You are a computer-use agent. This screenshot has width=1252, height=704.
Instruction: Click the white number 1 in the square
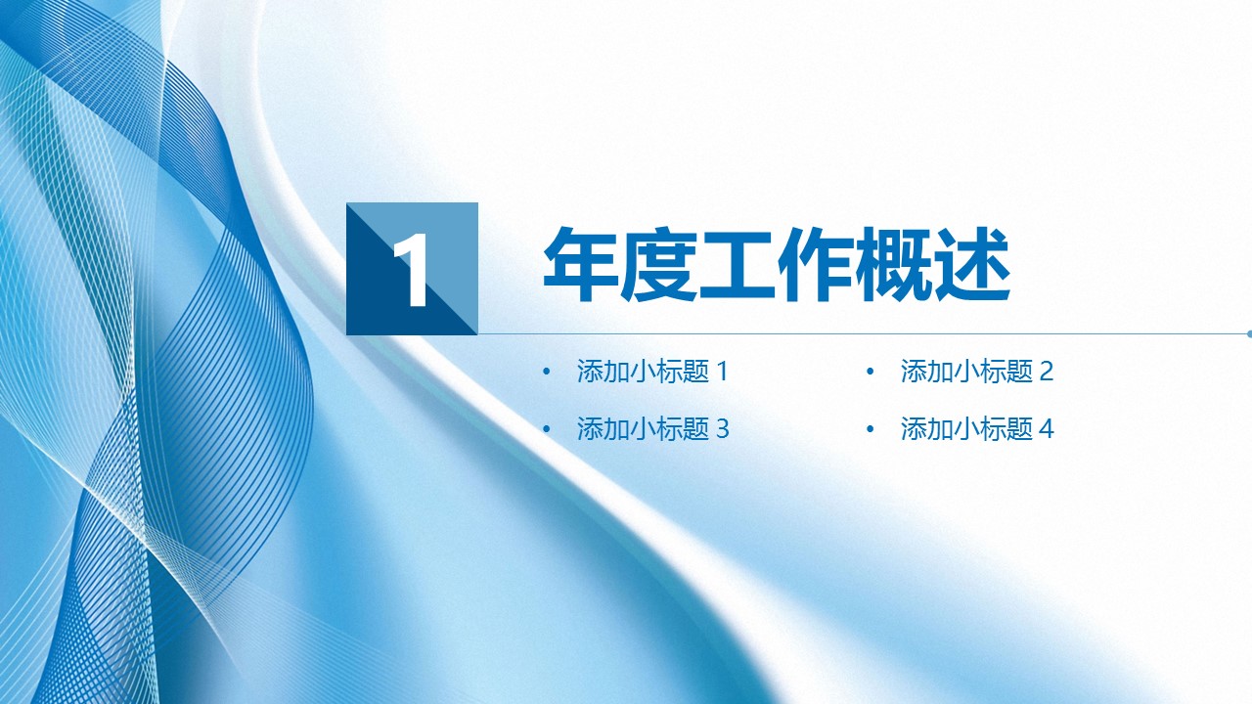tap(412, 270)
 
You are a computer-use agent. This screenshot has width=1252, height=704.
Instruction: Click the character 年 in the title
tap(581, 264)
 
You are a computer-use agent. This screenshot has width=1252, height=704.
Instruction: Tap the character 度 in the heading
tap(659, 264)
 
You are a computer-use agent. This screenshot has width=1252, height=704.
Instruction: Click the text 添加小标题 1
tap(652, 371)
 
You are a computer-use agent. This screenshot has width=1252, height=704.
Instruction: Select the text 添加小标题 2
tap(977, 371)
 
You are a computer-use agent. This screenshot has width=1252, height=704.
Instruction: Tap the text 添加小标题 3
tap(652, 429)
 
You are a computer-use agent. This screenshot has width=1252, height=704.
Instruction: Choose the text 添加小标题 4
tap(977, 429)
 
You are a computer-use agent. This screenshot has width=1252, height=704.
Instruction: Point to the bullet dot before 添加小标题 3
tap(546, 429)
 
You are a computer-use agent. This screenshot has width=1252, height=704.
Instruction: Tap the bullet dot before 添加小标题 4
tap(870, 429)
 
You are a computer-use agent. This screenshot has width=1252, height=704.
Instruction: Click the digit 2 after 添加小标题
tap(1047, 372)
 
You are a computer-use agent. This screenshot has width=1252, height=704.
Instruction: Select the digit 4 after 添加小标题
tap(1047, 429)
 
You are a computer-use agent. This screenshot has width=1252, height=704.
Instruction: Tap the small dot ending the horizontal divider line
tap(1249, 334)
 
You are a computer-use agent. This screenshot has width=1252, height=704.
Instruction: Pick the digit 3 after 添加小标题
tap(723, 429)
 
